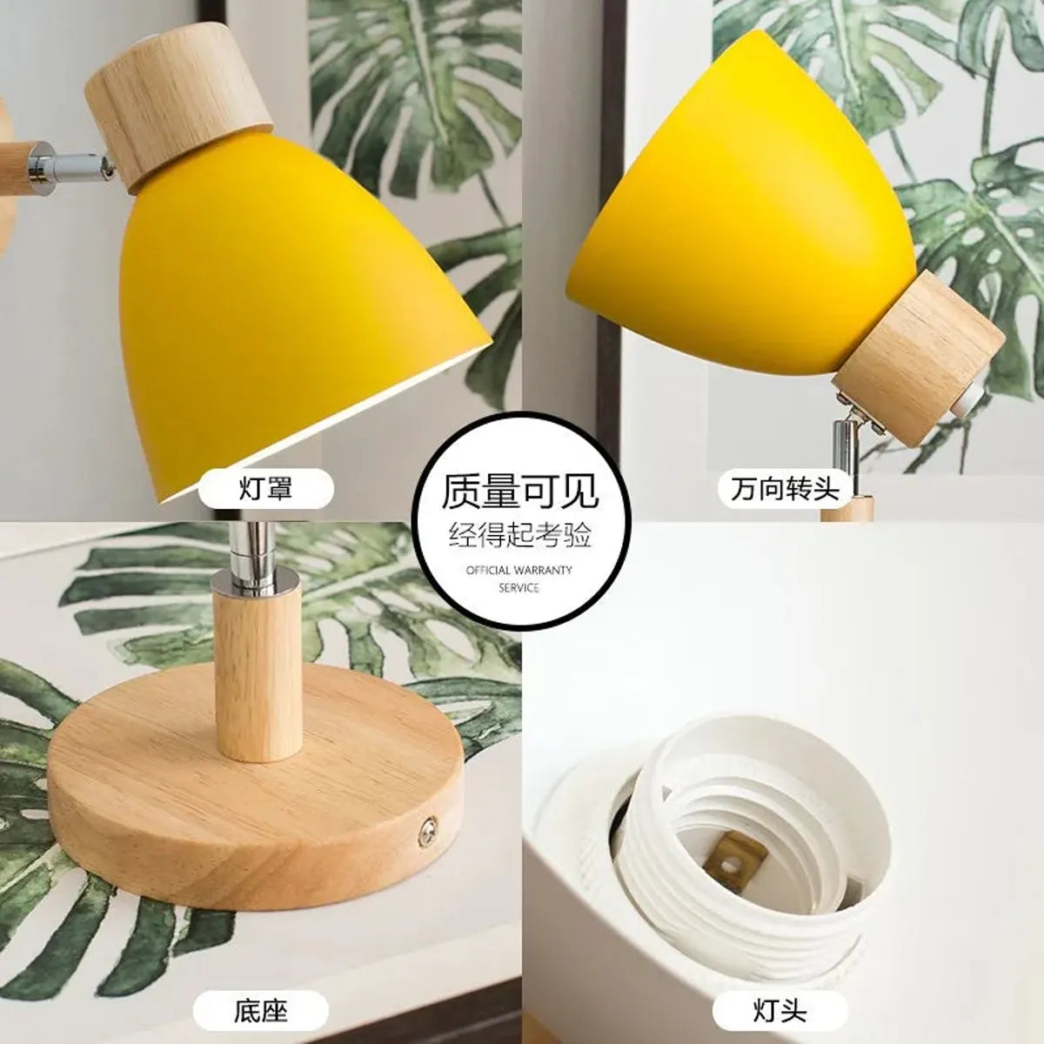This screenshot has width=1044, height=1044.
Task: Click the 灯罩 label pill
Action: pyautogui.click(x=265, y=489)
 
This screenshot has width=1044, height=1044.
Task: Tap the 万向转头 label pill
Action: pyautogui.click(x=786, y=489)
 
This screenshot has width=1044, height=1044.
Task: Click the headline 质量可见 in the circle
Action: pyautogui.click(x=520, y=492)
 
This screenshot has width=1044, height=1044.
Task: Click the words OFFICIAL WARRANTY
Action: pyautogui.click(x=519, y=571)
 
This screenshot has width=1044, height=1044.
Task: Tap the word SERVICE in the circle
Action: pyautogui.click(x=519, y=588)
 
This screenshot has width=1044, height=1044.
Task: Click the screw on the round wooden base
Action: pyautogui.click(x=426, y=829)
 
